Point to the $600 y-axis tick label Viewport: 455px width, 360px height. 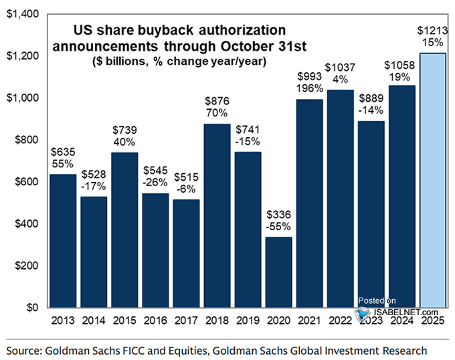[24, 182]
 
